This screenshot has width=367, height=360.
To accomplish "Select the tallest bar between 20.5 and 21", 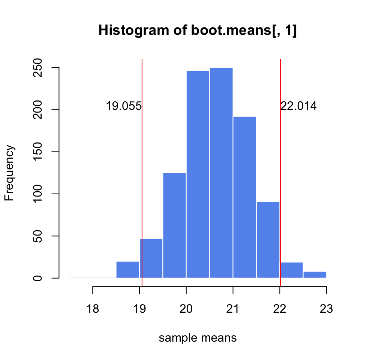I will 221,172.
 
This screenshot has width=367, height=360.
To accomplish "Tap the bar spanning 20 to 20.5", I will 198,174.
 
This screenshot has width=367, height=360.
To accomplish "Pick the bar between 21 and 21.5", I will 244,197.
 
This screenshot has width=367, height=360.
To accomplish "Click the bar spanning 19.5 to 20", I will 174,225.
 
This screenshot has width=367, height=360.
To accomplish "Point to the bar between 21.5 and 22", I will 268,240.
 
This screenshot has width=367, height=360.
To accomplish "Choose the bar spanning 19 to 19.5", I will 151,258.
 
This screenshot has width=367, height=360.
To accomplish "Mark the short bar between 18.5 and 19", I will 127,270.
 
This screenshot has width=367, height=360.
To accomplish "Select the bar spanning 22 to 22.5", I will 292,270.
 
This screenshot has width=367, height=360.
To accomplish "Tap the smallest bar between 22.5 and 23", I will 315,274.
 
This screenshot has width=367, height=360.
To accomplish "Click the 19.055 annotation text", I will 123,106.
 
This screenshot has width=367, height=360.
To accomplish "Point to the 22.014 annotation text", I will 299,106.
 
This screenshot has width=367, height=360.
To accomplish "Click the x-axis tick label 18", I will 93,309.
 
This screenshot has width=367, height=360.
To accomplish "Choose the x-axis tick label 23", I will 326,309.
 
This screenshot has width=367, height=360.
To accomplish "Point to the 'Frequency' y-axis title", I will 10,173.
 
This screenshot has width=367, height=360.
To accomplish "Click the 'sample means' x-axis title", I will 198,338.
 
